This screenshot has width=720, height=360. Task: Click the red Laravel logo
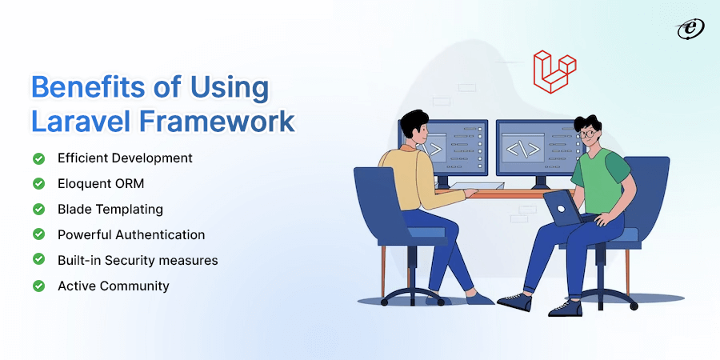pyautogui.click(x=554, y=72)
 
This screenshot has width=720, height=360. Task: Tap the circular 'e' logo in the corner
pyautogui.click(x=690, y=30)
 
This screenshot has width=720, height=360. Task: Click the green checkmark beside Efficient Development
pyautogui.click(x=38, y=158)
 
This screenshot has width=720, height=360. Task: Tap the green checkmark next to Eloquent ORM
pyautogui.click(x=38, y=184)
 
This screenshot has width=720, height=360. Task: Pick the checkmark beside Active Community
pyautogui.click(x=38, y=286)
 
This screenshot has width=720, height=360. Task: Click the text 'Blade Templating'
pyautogui.click(x=110, y=210)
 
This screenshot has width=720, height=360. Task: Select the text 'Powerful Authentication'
pyautogui.click(x=131, y=234)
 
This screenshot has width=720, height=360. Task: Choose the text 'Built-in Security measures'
pyautogui.click(x=138, y=260)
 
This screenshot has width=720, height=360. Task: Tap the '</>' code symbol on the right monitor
pyautogui.click(x=522, y=150)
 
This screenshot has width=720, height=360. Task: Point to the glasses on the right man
pyautogui.click(x=587, y=134)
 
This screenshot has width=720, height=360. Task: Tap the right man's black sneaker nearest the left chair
pyautogui.click(x=514, y=302)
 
